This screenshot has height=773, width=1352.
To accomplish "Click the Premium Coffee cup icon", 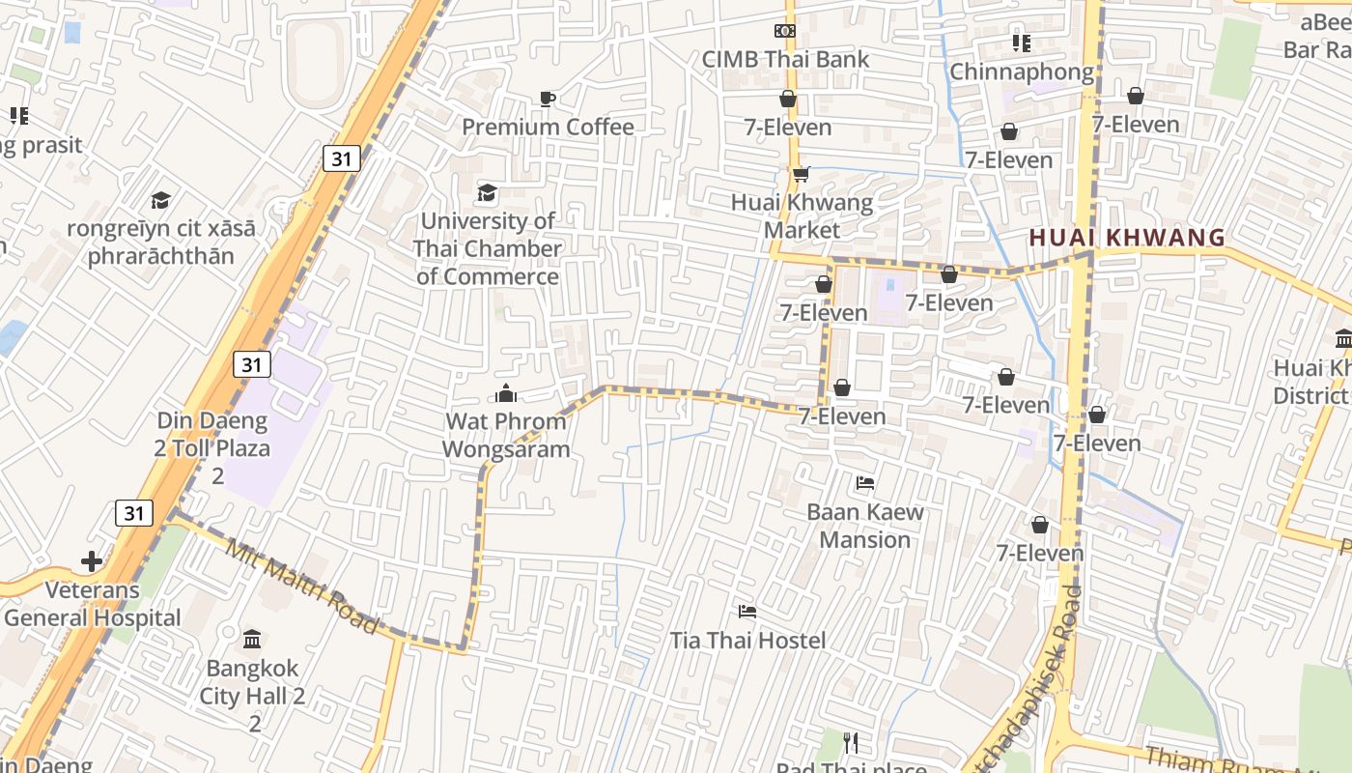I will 548,99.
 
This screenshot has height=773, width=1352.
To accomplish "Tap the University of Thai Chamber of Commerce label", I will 487,248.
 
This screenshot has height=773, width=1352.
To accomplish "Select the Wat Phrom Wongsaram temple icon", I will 505,393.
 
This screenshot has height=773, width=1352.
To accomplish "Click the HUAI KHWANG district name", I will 1126,238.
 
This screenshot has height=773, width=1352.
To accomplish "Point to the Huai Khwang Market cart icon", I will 800,174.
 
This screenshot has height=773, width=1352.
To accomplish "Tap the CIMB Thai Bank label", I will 785,59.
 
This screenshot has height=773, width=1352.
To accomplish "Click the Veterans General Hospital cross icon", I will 92,561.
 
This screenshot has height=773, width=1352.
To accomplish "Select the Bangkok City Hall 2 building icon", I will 252,640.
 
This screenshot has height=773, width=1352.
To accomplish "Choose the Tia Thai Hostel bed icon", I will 747,612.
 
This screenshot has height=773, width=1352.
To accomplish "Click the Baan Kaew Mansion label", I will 865,526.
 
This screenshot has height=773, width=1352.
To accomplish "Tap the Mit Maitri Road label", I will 301,587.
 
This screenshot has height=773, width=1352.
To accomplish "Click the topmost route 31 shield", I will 341,158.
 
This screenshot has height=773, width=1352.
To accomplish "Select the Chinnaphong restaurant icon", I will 1021,43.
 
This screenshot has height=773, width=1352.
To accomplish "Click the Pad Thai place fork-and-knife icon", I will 850,742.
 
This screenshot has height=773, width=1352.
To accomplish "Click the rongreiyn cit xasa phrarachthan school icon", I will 160,200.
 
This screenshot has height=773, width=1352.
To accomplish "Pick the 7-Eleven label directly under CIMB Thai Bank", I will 787,127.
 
